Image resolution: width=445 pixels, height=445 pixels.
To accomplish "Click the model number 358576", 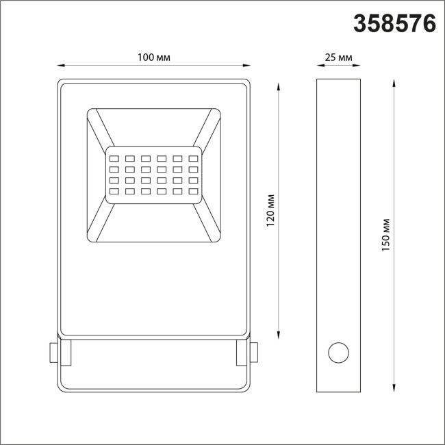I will (395, 23).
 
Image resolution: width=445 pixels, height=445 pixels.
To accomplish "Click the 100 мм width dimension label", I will (153, 58).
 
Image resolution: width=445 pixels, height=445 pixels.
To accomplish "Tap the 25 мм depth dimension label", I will (338, 58).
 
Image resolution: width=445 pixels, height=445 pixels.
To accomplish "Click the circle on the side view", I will (338, 353).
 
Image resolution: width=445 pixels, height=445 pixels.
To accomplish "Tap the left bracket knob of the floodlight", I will (52, 353).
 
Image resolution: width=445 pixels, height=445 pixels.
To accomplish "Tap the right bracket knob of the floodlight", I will (254, 353).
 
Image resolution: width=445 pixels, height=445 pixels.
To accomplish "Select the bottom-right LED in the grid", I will (194, 190).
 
